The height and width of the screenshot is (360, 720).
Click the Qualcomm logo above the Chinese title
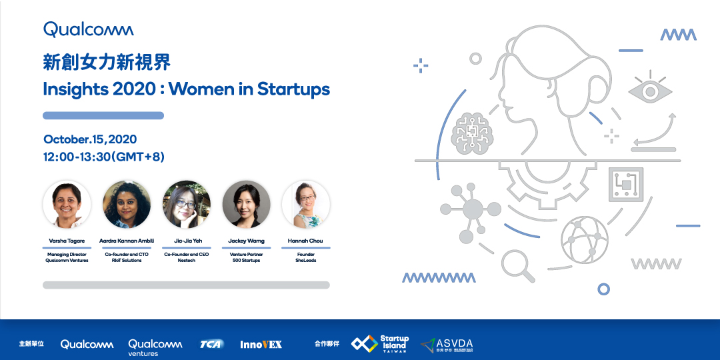[x=89, y=30]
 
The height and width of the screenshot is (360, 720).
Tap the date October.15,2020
[x=90, y=139]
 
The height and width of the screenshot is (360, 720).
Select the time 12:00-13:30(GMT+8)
[x=104, y=157]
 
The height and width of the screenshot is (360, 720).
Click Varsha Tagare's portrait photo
[x=67, y=205]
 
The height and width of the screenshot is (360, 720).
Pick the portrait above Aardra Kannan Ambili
[x=127, y=205]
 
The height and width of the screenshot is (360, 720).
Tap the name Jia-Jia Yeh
[x=187, y=241]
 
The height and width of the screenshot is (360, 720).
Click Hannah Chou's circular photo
[x=306, y=205]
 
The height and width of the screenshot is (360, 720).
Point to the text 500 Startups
[x=246, y=261]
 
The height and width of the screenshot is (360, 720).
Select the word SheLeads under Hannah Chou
[x=306, y=261]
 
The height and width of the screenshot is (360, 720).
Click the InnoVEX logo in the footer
[x=261, y=344]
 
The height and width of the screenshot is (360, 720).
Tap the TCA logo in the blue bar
[x=212, y=344]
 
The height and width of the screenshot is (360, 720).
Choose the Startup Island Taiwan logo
[x=380, y=344]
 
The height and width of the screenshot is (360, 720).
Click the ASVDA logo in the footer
[x=447, y=345]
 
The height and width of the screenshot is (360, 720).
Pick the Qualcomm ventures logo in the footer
[x=155, y=347]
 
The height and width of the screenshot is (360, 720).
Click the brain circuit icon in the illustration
[x=472, y=133]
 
